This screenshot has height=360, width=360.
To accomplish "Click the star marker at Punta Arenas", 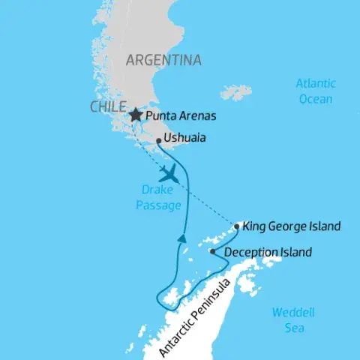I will click(135, 115).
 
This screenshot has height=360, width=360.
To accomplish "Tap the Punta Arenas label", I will click(181, 116).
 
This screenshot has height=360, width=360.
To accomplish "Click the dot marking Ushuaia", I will click(159, 140).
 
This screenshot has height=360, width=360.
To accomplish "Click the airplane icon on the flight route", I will click(171, 174).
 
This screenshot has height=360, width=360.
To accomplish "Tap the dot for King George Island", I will click(237, 226).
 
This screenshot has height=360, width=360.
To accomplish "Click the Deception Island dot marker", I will click(212, 252).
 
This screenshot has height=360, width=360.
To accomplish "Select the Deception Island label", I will click(268, 253).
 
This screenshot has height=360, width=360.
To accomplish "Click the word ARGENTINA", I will click(163, 60).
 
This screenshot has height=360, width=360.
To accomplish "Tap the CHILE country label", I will click(108, 107).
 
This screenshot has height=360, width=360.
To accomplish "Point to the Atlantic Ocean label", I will click(315, 91).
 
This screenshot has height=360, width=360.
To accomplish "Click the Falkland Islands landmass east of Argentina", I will click(236, 92).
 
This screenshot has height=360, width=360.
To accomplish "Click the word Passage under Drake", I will click(158, 205).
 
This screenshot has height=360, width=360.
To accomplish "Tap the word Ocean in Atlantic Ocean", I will click(315, 98).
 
